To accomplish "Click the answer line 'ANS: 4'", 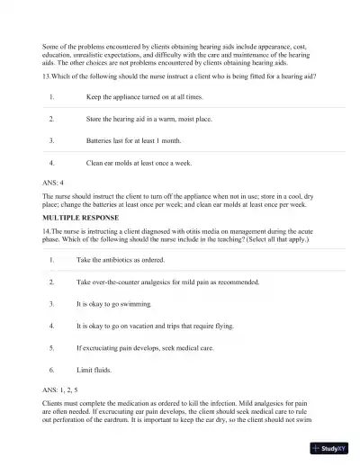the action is (x=53, y=184).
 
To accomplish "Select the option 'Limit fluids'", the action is (x=94, y=370).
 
